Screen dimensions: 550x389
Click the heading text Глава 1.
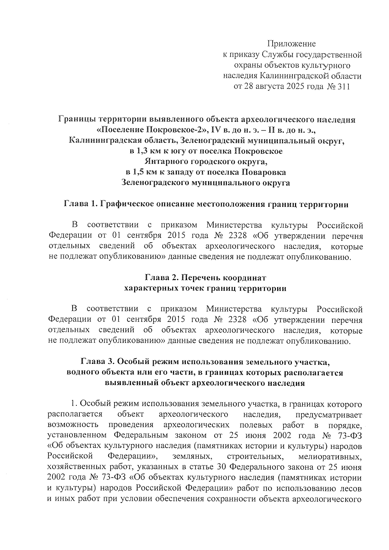pyautogui.click(x=80, y=205)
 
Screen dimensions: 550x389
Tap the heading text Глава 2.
pyautogui.click(x=161, y=278)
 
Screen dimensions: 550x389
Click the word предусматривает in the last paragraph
pyautogui.click(x=329, y=415)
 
